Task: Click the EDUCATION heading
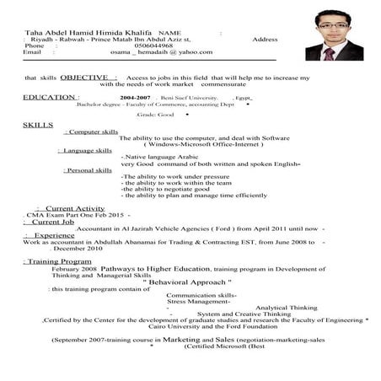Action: [x=50, y=97]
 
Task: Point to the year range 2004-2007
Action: [x=137, y=98]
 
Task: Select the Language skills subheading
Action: [x=88, y=150]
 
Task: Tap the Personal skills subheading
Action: [x=88, y=169]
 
